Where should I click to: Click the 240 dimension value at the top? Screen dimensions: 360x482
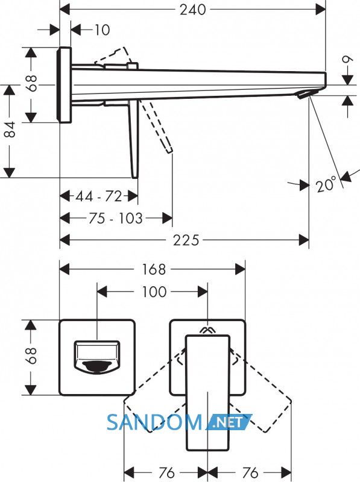[193, 10]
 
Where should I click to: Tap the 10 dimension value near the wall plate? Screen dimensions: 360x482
[102, 30]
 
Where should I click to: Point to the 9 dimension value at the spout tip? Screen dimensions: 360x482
[347, 59]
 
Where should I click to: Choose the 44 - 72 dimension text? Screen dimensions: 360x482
[99, 196]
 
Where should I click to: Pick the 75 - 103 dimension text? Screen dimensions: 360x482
[116, 218]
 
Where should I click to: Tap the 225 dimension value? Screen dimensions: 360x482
[186, 240]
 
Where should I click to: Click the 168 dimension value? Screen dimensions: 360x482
[154, 269]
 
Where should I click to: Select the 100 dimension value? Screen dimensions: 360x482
[154, 292]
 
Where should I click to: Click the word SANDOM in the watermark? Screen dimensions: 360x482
[154, 422]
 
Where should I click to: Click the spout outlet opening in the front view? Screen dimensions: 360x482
[97, 366]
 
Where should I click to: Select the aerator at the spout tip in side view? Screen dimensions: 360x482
[304, 95]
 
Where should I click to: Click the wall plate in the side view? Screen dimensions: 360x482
[65, 85]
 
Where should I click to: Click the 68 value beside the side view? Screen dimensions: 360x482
[31, 83]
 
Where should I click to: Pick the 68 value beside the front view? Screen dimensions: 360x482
[31, 355]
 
